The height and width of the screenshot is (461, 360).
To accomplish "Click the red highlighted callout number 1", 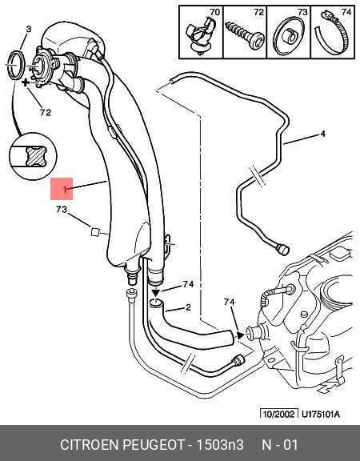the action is pyautogui.click(x=66, y=190).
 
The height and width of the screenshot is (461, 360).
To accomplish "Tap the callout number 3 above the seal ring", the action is pyautogui.click(x=29, y=29).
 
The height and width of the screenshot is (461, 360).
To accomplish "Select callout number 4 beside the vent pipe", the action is pyautogui.click(x=322, y=134).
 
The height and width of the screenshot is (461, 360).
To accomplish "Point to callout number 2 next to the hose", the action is pyautogui.click(x=188, y=307).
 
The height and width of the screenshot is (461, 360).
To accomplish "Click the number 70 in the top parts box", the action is pyautogui.click(x=214, y=12).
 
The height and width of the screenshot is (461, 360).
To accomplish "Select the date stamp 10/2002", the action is pyautogui.click(x=278, y=415).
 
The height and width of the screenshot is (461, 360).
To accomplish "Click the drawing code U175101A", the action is pyautogui.click(x=321, y=415).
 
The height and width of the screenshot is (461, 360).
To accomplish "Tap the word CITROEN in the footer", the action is pyautogui.click(x=90, y=444).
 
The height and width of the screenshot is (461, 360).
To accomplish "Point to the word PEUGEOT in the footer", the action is pyautogui.click(x=153, y=444).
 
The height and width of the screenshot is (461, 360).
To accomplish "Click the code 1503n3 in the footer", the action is pyautogui.click(x=220, y=444).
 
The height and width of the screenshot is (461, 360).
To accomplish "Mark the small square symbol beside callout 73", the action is pyautogui.click(x=94, y=232).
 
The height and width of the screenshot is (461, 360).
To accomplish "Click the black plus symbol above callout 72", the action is pyautogui.click(x=26, y=82).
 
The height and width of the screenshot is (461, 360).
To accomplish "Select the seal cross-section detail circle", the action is pyautogui.click(x=33, y=156).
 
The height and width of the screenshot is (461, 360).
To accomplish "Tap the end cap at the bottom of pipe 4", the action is pyautogui.click(x=283, y=250).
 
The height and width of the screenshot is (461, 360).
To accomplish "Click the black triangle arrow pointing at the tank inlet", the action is pyautogui.click(x=241, y=335).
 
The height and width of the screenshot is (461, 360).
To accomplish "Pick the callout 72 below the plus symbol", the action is pyautogui.click(x=46, y=112).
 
